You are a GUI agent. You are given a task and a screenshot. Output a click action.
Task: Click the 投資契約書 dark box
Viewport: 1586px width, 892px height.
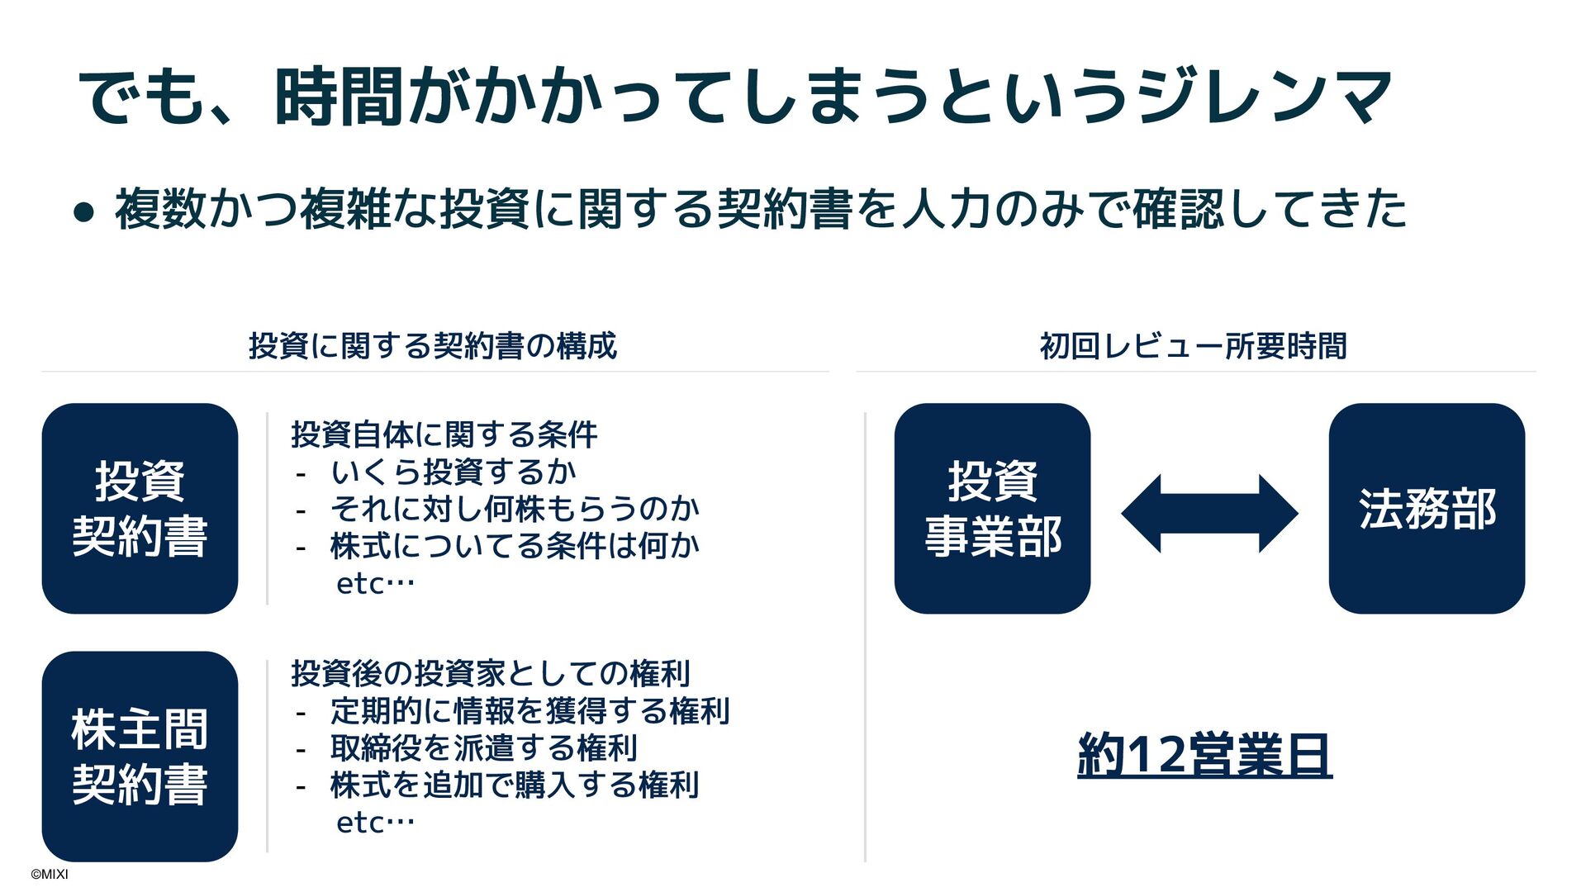[x=140, y=508]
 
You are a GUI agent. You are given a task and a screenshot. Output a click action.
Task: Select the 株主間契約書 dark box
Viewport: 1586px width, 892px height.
[x=140, y=756]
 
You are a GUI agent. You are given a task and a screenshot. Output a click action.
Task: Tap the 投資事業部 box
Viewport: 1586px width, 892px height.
[x=992, y=508]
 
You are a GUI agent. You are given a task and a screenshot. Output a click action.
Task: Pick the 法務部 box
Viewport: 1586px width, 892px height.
[x=1427, y=508]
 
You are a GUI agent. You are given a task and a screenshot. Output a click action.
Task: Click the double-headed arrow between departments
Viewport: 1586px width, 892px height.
[x=1209, y=513]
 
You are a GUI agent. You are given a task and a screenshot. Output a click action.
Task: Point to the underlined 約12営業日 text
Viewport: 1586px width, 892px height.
[x=1204, y=754]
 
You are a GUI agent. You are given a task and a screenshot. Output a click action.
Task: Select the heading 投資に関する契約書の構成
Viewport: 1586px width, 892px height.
[x=433, y=345]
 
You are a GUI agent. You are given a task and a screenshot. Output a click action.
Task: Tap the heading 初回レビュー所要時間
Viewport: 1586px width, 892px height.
[x=1193, y=345]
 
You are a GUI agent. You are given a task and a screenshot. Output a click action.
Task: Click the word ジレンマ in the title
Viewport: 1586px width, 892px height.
[x=1264, y=97]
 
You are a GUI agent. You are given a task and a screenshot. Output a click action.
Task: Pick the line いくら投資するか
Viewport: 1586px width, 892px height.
[x=453, y=472]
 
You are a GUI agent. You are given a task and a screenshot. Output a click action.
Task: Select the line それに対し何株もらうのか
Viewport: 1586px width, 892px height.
[x=515, y=509]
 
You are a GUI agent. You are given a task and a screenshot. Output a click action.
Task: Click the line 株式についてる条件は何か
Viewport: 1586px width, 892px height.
[x=515, y=545]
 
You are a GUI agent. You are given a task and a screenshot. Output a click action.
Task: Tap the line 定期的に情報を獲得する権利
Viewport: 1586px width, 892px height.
[x=529, y=710]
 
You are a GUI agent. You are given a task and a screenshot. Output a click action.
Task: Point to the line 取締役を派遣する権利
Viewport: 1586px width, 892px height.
[x=483, y=747]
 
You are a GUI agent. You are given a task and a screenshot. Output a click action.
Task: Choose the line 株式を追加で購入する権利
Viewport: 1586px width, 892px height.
[x=515, y=785]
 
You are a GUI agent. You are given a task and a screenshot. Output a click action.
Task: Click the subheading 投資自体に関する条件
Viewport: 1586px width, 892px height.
[x=444, y=434]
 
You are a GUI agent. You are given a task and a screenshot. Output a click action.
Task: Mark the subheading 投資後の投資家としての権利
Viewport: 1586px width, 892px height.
[x=491, y=673]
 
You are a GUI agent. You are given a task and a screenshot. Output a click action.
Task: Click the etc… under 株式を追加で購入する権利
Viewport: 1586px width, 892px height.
[x=375, y=823]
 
